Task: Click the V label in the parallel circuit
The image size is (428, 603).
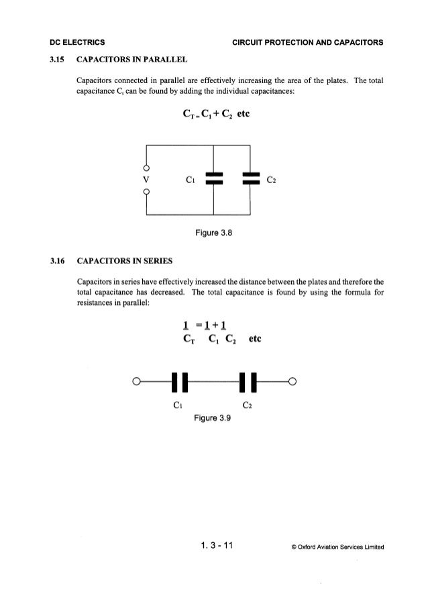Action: (x=146, y=180)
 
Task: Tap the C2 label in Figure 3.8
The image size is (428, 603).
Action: (x=272, y=180)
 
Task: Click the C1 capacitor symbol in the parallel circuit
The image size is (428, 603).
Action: (x=213, y=179)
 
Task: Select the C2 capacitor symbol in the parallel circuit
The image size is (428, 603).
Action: (x=251, y=179)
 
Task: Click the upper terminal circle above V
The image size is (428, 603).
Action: (x=146, y=167)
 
